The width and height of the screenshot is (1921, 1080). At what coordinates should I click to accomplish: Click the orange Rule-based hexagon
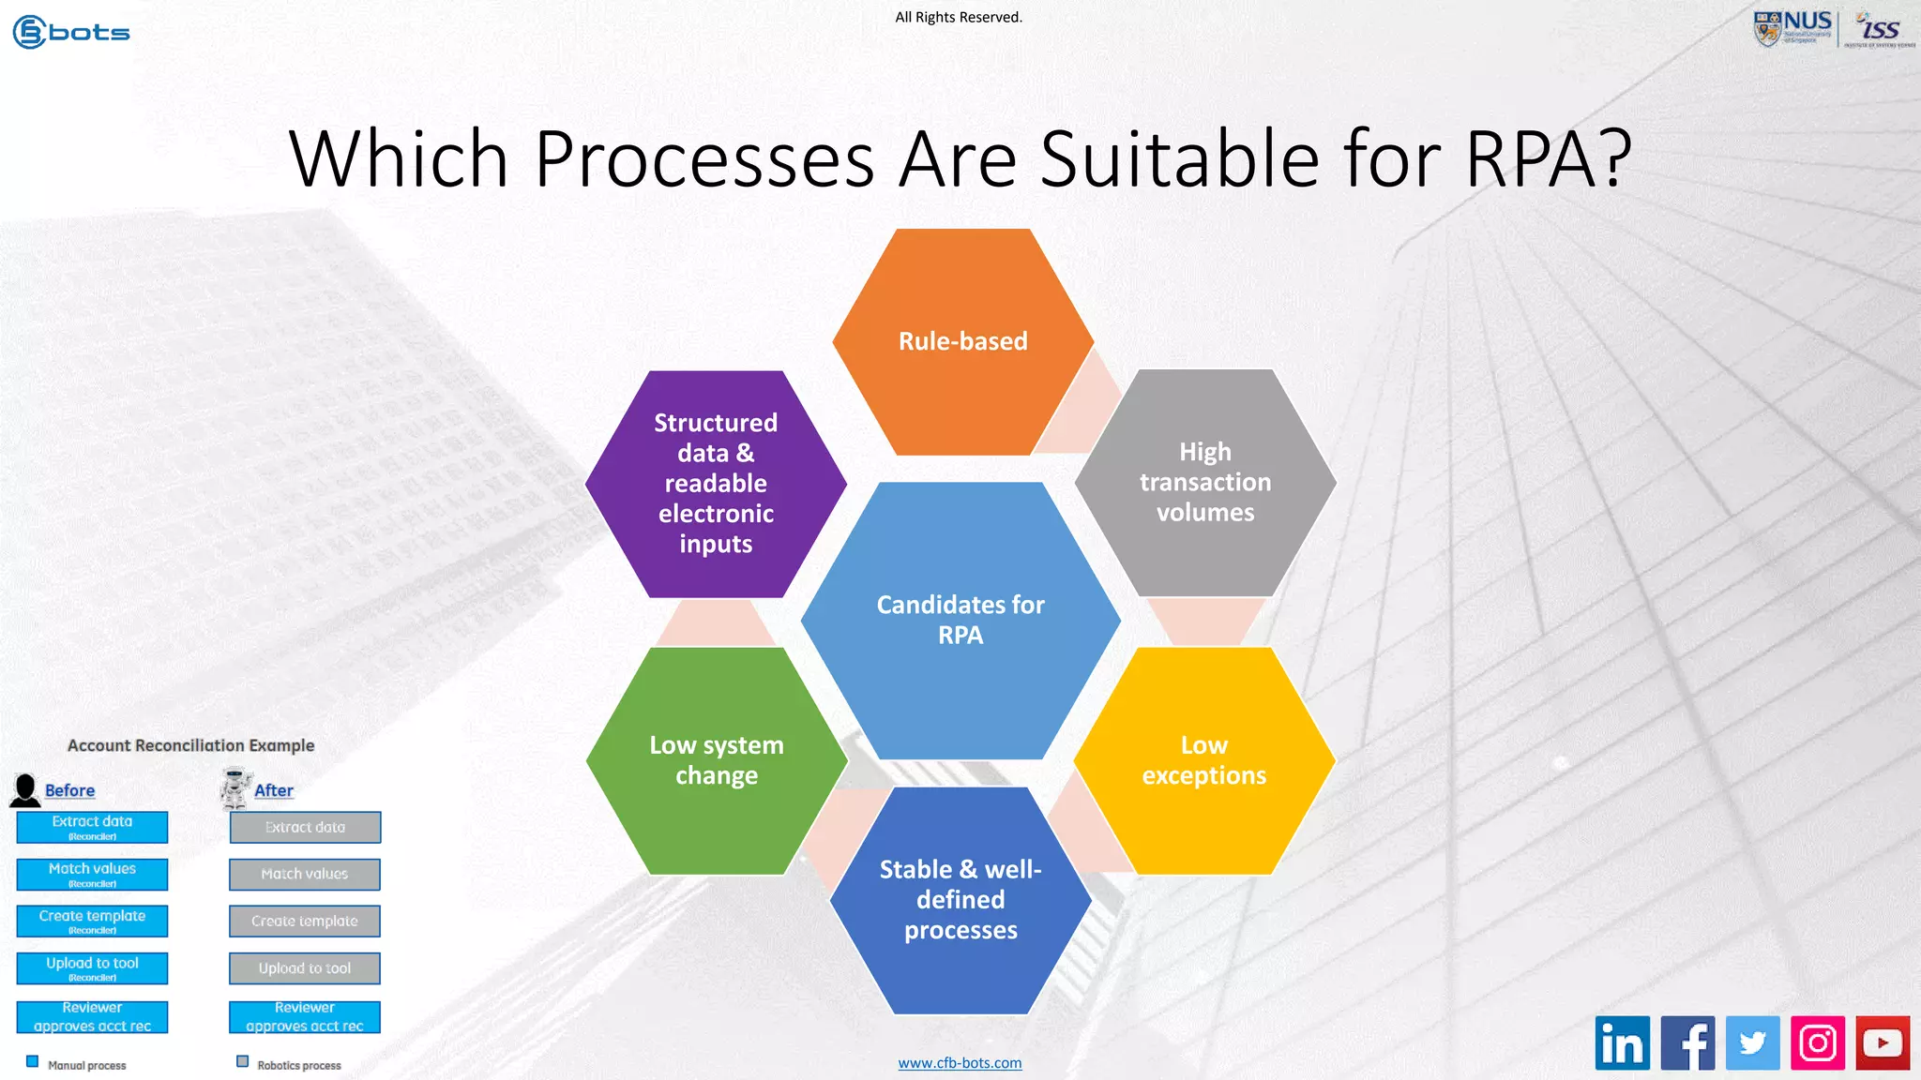point(962,342)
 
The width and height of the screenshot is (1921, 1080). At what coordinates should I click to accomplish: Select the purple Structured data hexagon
point(716,484)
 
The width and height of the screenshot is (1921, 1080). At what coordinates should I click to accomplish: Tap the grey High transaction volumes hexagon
point(1205,483)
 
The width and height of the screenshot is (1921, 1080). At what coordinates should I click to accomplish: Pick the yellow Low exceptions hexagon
point(1204,760)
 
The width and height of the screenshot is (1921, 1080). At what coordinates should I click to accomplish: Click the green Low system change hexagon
point(717,760)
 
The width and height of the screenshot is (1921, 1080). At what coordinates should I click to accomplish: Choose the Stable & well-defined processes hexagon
point(960,900)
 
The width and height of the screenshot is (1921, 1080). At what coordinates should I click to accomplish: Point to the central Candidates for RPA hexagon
point(960,620)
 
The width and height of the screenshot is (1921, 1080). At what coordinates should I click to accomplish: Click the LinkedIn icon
point(1622,1042)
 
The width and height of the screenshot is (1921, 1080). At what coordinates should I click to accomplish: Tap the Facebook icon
point(1687,1042)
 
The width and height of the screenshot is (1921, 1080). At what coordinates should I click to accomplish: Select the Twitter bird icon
point(1752,1042)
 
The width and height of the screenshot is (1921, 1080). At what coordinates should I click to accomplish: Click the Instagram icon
point(1818,1042)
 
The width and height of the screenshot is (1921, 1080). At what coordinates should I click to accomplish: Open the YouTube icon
point(1883,1042)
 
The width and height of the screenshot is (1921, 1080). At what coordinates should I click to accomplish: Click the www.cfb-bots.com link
point(960,1063)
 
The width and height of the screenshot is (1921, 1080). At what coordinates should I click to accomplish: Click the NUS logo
point(1792,28)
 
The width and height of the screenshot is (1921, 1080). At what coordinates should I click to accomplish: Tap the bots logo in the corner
point(71,32)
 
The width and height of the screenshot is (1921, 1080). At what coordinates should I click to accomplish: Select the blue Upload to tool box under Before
point(92,968)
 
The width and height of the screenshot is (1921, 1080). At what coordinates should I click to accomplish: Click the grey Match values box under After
point(305,875)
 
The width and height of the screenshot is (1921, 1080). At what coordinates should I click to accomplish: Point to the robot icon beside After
point(235,787)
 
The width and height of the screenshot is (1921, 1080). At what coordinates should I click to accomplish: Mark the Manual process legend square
point(33,1061)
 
